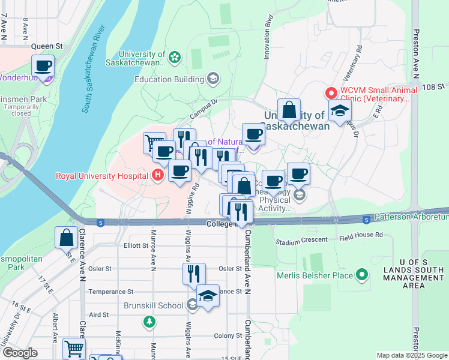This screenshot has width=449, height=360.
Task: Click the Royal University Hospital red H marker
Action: point(157,175)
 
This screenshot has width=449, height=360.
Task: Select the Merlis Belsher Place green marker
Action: point(361,275)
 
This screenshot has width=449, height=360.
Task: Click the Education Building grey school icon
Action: point(212,79)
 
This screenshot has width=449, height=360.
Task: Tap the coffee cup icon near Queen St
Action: point(43,65)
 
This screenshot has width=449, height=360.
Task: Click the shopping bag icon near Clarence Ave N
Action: point(65,238)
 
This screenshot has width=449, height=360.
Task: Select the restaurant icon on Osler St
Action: point(194,274)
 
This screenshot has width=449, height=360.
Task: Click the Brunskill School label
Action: point(154,305)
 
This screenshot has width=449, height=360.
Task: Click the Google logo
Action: point(20,353)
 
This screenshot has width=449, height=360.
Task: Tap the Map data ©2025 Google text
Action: point(411,355)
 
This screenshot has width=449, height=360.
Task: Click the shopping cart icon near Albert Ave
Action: point(74,348)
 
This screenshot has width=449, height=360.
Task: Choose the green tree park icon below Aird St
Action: point(149,322)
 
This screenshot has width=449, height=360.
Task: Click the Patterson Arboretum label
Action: point(411,217)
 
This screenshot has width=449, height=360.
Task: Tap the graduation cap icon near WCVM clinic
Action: point(340,110)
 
